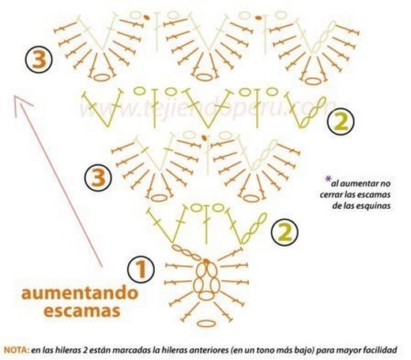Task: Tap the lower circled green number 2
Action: pyautogui.click(x=285, y=233)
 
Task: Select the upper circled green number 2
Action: pyautogui.click(x=341, y=122)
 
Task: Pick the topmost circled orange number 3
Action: pyautogui.click(x=39, y=59)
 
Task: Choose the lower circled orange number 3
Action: pyautogui.click(x=98, y=177)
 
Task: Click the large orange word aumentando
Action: pyautogui.click(x=80, y=294)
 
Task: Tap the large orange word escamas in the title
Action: pyautogui.click(x=82, y=311)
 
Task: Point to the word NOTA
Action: pyautogui.click(x=16, y=351)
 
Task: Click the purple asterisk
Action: pyautogui.click(x=328, y=180)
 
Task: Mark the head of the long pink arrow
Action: pyautogui.click(x=16, y=97)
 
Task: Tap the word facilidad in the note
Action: pyautogui.click(x=380, y=351)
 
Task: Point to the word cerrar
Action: pyautogui.click(x=330, y=195)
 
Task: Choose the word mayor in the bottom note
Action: pyautogui.click(x=350, y=351)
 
